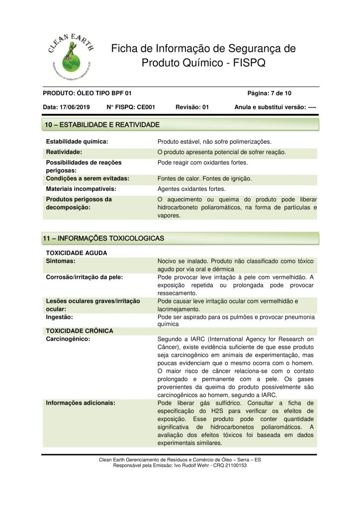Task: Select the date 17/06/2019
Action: click(x=75, y=107)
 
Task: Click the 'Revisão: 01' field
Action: click(x=192, y=107)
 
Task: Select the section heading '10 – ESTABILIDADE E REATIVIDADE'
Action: click(x=102, y=124)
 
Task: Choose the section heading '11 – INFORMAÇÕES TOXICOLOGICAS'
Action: click(x=104, y=239)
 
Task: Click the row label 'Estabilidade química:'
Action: click(x=77, y=142)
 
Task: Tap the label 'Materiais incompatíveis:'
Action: click(x=81, y=189)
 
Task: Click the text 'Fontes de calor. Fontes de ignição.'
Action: click(x=204, y=178)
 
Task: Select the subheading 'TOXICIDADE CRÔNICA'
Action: click(x=79, y=331)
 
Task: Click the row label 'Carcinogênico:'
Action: click(x=68, y=339)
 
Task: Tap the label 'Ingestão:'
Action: click(x=59, y=317)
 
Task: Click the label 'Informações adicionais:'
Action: click(x=81, y=403)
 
